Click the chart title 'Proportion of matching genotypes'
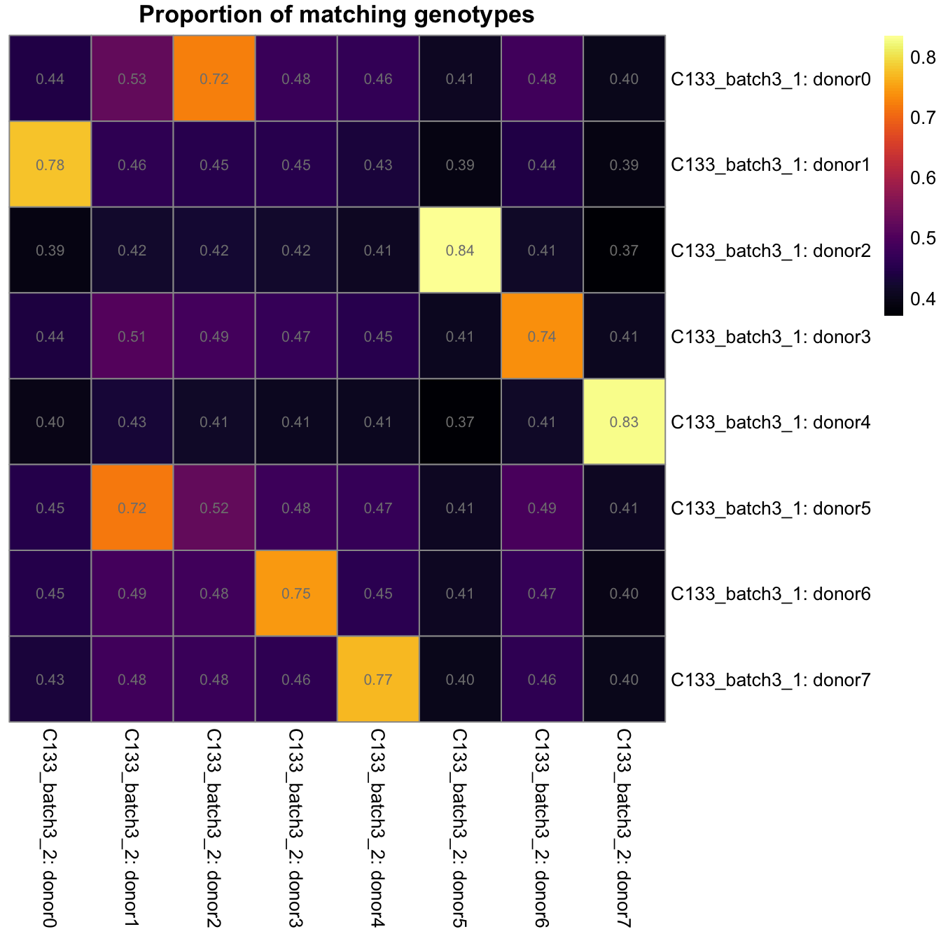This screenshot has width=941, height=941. (x=336, y=15)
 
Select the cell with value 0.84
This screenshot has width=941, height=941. (x=460, y=250)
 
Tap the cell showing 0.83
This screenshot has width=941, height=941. (x=624, y=421)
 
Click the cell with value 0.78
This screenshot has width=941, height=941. (x=50, y=165)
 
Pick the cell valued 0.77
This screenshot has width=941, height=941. (x=378, y=679)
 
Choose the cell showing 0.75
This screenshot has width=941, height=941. (x=296, y=593)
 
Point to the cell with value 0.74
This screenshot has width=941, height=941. (x=542, y=336)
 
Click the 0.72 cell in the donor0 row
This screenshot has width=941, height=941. (x=214, y=78)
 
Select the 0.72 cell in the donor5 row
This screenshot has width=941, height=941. (x=132, y=508)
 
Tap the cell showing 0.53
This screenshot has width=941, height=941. (x=132, y=78)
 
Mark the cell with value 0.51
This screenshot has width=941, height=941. (x=132, y=336)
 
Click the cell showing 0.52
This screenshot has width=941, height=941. (x=214, y=508)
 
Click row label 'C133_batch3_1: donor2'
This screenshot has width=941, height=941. (x=770, y=251)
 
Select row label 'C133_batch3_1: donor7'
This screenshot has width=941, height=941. (x=770, y=680)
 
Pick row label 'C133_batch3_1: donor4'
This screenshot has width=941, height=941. (x=770, y=422)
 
